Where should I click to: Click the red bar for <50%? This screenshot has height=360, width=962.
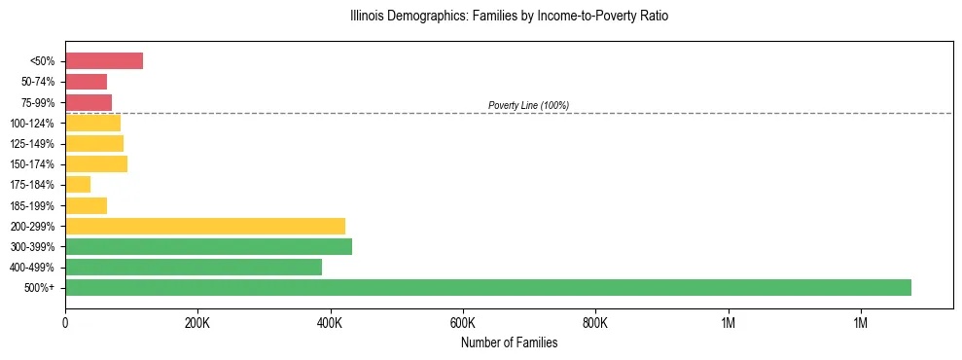104,61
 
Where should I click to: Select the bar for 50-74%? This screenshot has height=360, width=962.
86,82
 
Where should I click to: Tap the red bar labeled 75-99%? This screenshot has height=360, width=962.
89,102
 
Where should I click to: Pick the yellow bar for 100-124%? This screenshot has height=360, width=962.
92,123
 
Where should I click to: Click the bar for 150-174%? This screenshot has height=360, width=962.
96,164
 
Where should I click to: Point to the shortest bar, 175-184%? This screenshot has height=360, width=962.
78,185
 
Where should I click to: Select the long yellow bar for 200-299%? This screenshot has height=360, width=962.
205,226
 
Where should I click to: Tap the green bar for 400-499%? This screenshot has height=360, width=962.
194,267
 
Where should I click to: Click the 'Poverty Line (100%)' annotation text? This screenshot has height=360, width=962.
528,105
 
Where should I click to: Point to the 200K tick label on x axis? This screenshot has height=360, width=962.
197,323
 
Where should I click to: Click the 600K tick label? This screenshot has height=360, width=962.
463,323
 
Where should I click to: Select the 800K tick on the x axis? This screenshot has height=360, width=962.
595,323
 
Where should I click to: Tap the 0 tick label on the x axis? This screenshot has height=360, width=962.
65,323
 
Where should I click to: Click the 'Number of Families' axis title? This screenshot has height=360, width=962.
509,342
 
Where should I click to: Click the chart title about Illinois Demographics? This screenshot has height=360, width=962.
509,17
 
